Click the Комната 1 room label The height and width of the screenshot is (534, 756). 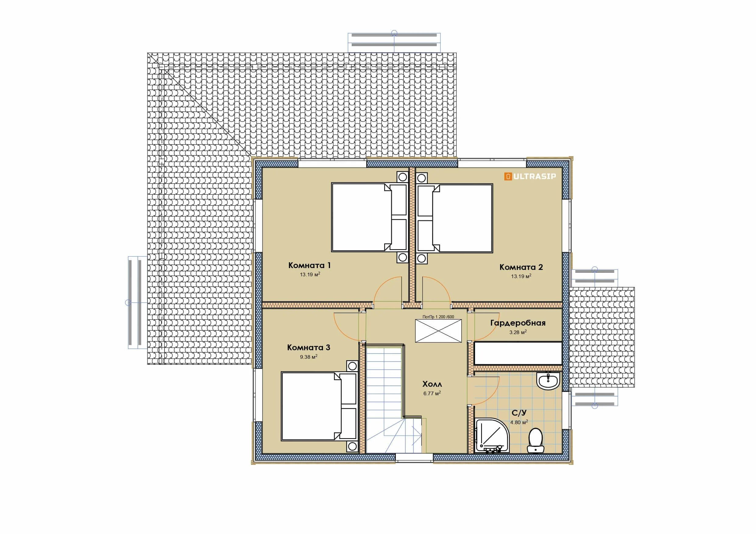(309, 265)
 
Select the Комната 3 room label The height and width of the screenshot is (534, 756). (308, 347)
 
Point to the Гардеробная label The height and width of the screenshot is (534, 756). (518, 323)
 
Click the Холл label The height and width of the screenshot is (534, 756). (432, 384)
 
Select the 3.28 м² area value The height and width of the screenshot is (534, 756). (518, 332)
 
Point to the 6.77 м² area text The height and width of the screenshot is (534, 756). (432, 393)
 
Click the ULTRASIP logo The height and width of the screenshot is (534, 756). (530, 176)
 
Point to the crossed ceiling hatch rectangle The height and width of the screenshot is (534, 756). (438, 331)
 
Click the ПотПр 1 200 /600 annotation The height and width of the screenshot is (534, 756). (438, 317)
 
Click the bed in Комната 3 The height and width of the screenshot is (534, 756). (319, 407)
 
